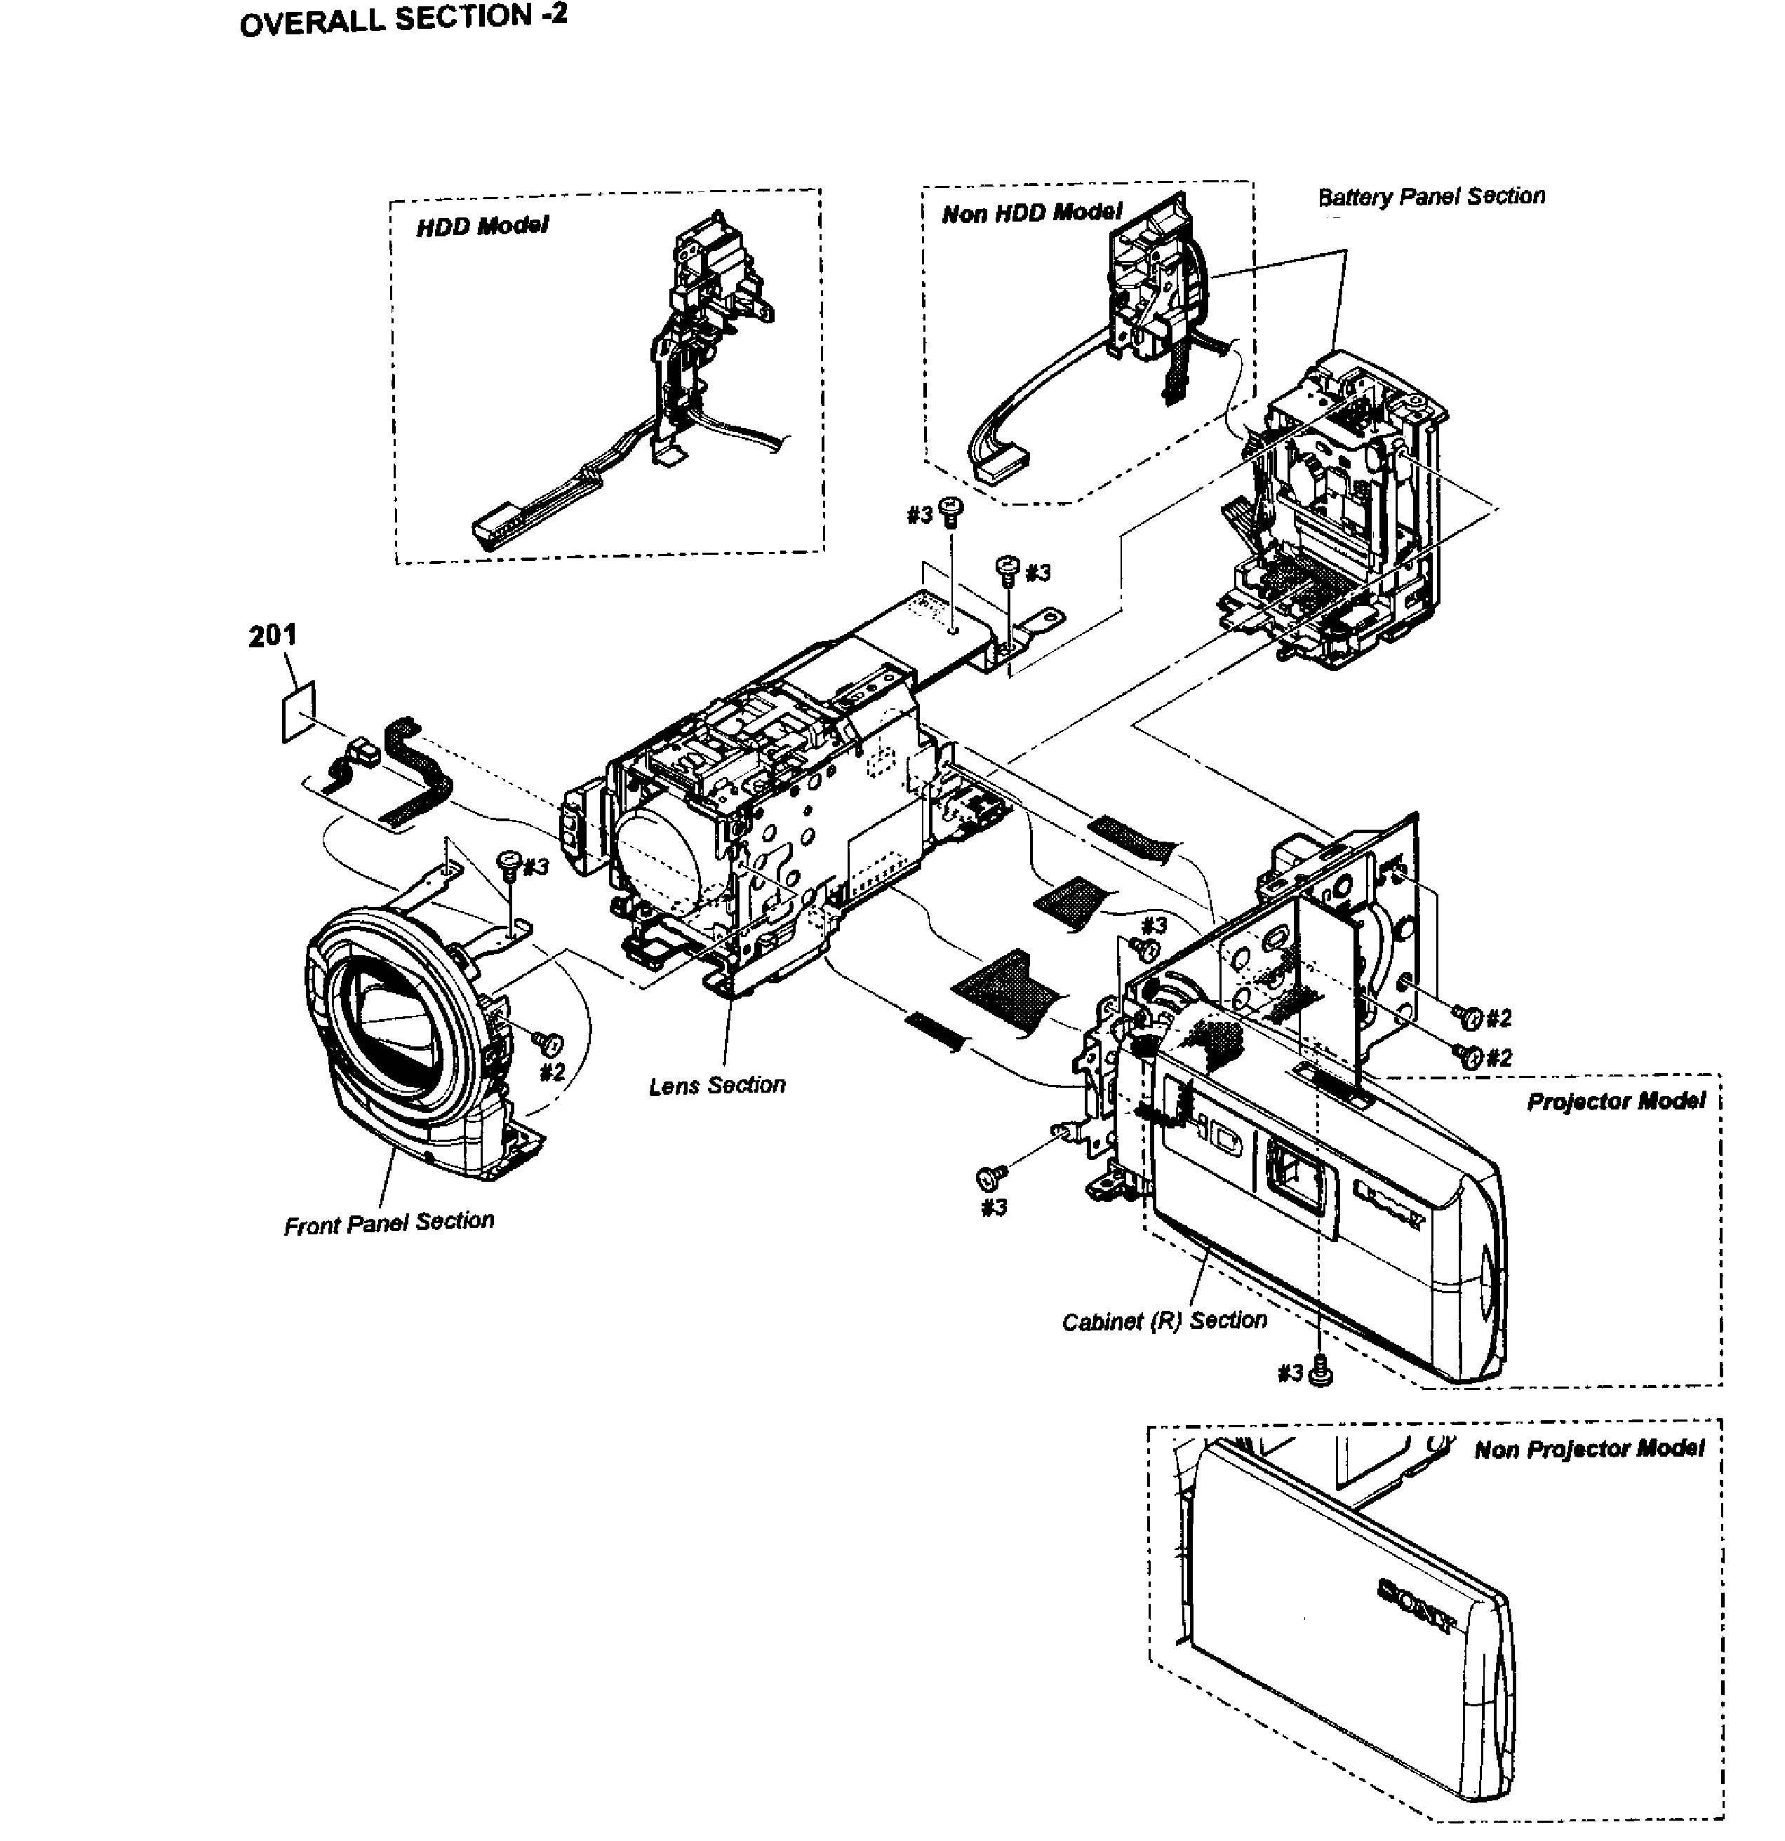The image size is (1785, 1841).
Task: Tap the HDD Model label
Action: [x=482, y=227]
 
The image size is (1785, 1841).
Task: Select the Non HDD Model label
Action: [x=1031, y=213]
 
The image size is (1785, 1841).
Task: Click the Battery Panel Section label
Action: [x=1431, y=196]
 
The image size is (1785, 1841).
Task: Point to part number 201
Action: [x=272, y=636]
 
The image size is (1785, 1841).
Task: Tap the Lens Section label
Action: [x=717, y=1086]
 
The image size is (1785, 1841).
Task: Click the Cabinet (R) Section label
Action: [x=1164, y=1321]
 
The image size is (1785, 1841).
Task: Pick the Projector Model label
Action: [x=1615, y=1101]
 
